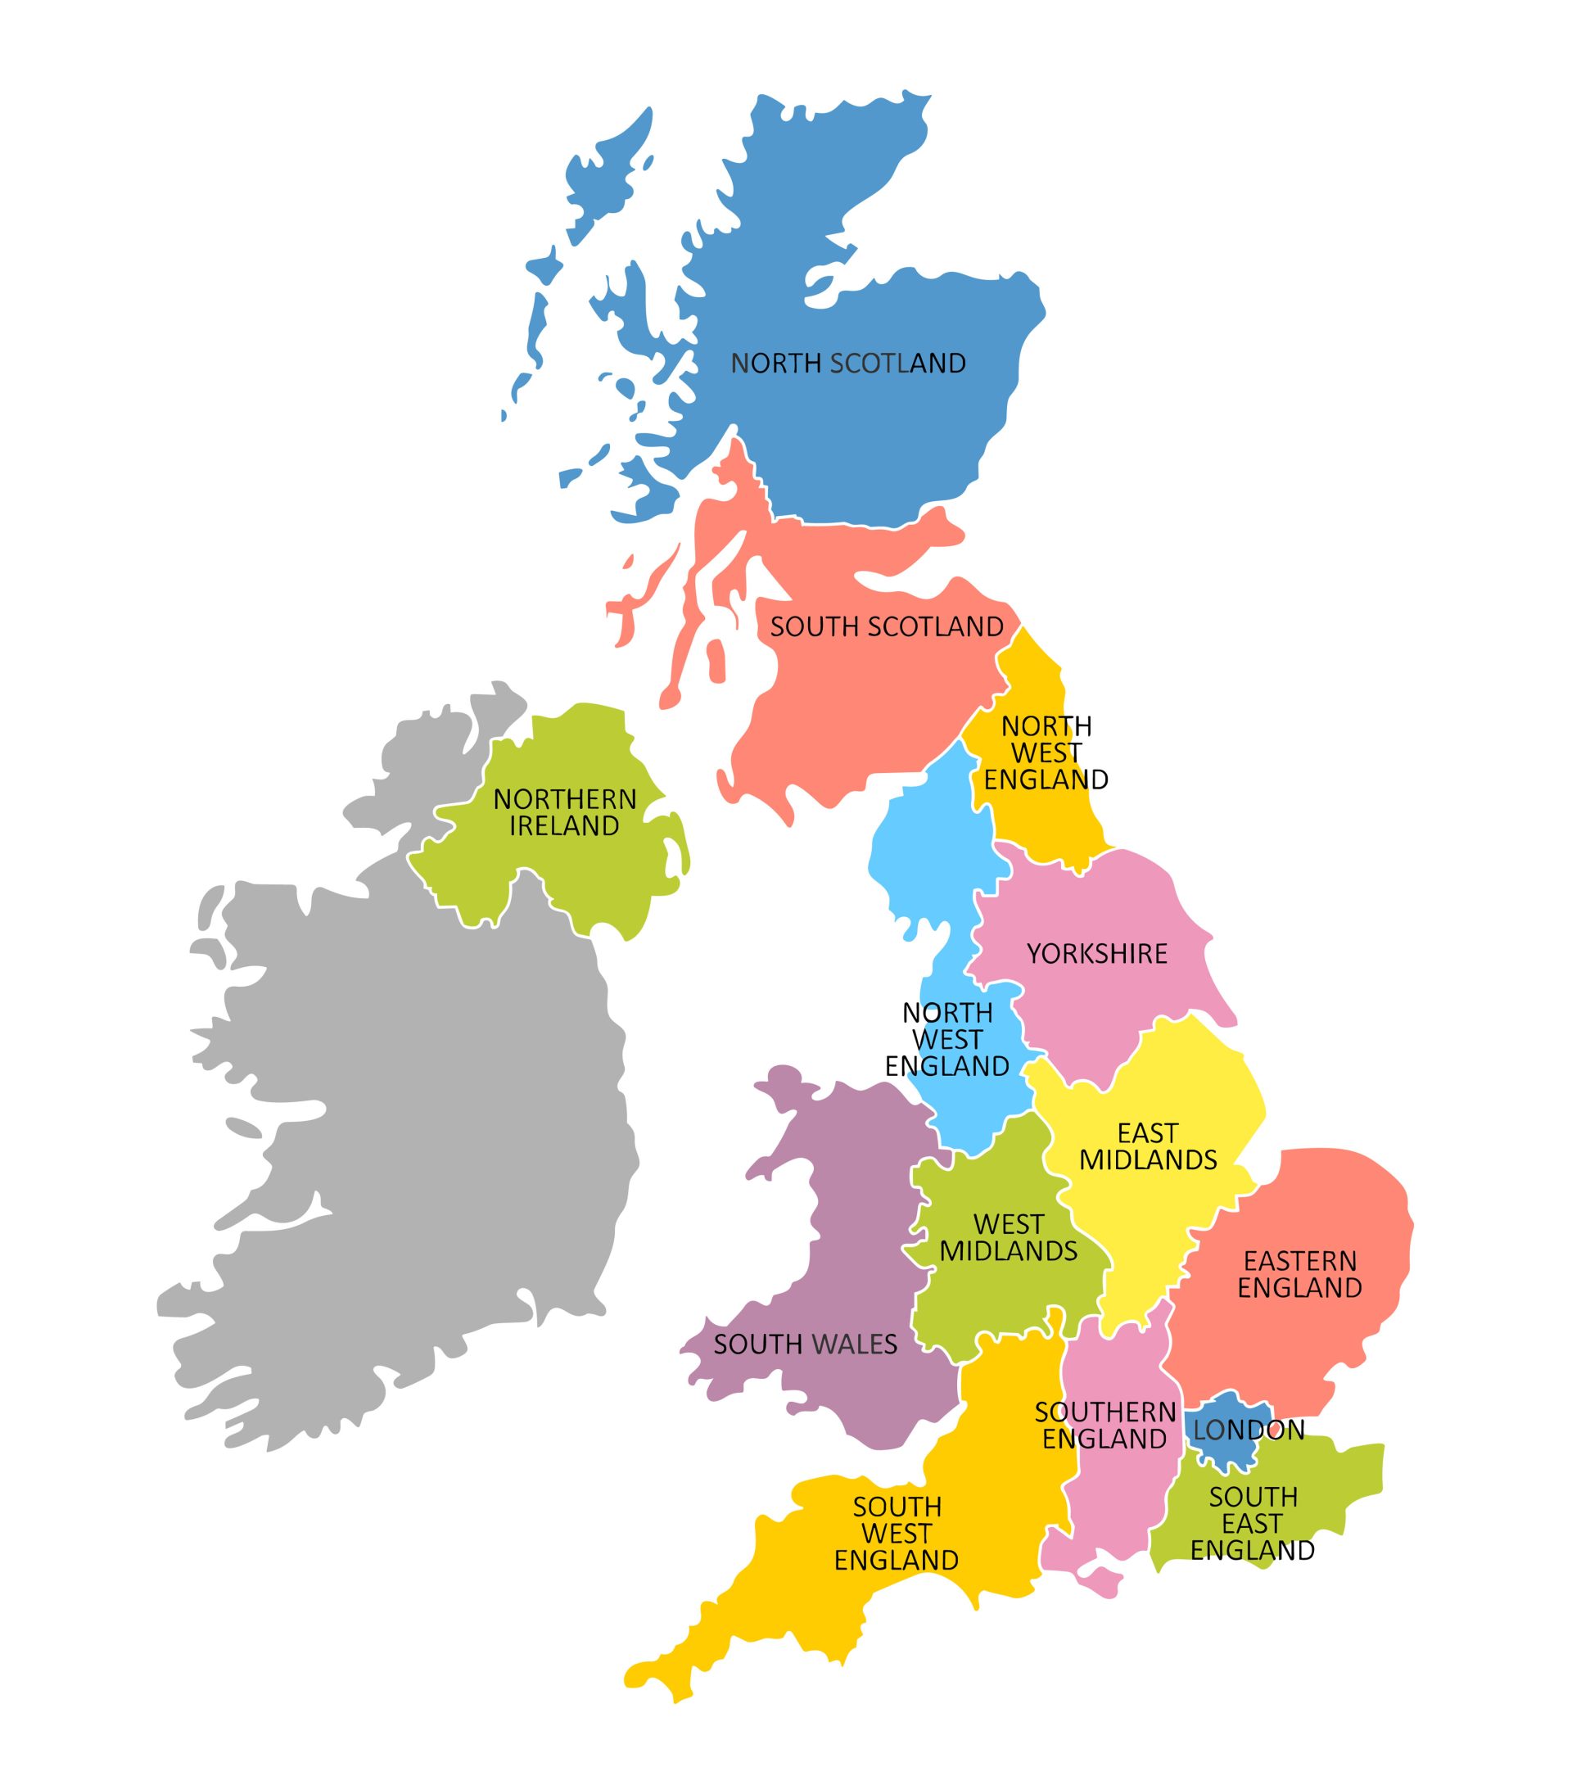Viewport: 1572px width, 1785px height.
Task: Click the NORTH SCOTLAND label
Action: pyautogui.click(x=847, y=364)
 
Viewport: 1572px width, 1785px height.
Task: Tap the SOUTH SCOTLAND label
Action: pyautogui.click(x=886, y=626)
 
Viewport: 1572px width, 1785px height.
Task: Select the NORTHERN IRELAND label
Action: pyautogui.click(x=564, y=812)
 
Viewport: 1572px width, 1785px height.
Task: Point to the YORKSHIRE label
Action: pyautogui.click(x=1096, y=954)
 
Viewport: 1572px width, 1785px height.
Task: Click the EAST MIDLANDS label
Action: pyautogui.click(x=1148, y=1146)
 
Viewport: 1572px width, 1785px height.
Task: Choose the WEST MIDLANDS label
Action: pyautogui.click(x=1008, y=1237)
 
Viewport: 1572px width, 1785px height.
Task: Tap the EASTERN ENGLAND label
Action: pyautogui.click(x=1299, y=1274)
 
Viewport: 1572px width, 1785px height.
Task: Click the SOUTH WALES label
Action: pyautogui.click(x=804, y=1344)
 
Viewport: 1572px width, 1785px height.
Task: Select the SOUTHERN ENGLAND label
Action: pyautogui.click(x=1104, y=1426)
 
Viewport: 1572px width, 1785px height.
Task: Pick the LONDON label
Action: pyautogui.click(x=1248, y=1430)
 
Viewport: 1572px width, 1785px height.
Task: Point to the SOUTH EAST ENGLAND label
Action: pyautogui.click(x=1253, y=1523)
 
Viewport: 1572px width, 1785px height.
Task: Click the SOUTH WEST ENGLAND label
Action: pyautogui.click(x=896, y=1534)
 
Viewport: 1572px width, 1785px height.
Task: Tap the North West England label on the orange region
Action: pyautogui.click(x=1046, y=752)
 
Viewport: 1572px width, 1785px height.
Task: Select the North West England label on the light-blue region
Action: pyautogui.click(x=946, y=1039)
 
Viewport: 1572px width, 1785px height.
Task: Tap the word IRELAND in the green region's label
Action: pyautogui.click(x=564, y=825)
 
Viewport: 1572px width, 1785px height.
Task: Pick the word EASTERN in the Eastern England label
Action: pyautogui.click(x=1299, y=1261)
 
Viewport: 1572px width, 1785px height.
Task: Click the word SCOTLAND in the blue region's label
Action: pyautogui.click(x=897, y=364)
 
